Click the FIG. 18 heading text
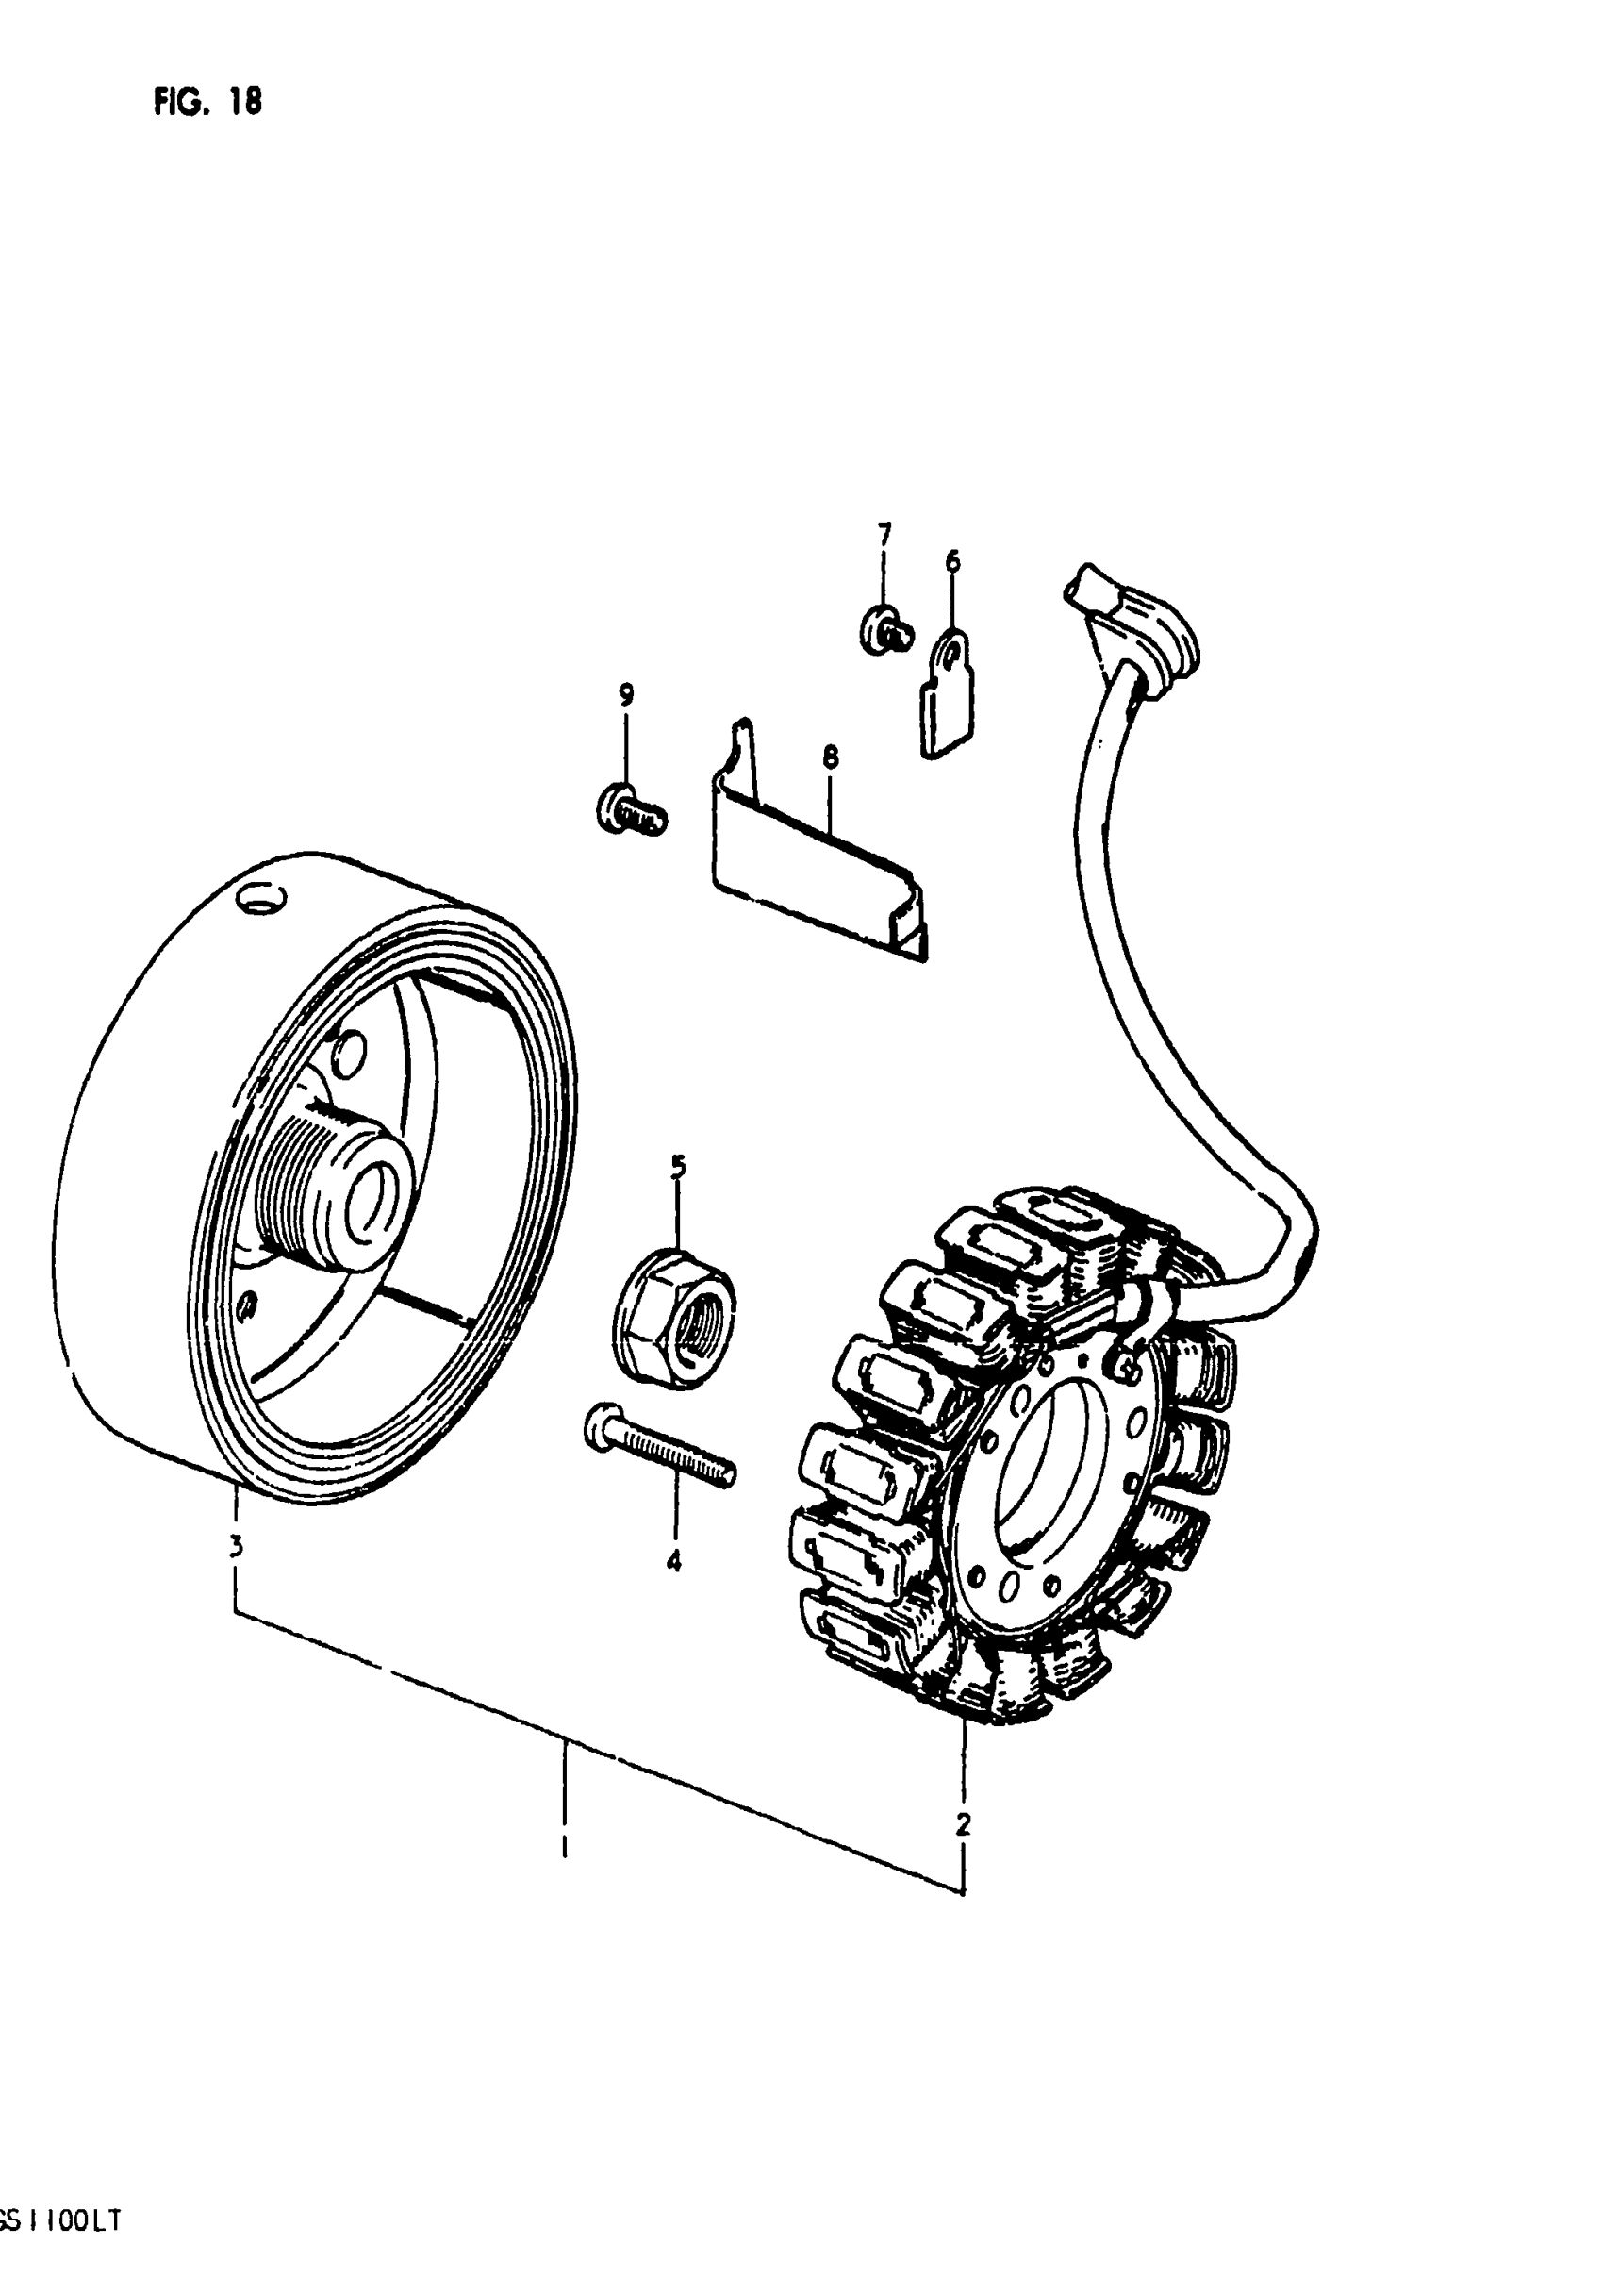207,102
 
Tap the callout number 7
883,536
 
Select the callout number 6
952,561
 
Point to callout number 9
626,694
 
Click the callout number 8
831,757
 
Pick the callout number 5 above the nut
679,1167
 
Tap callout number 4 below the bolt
673,1562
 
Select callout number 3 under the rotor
236,1545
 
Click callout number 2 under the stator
962,1822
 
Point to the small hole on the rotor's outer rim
262,901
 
